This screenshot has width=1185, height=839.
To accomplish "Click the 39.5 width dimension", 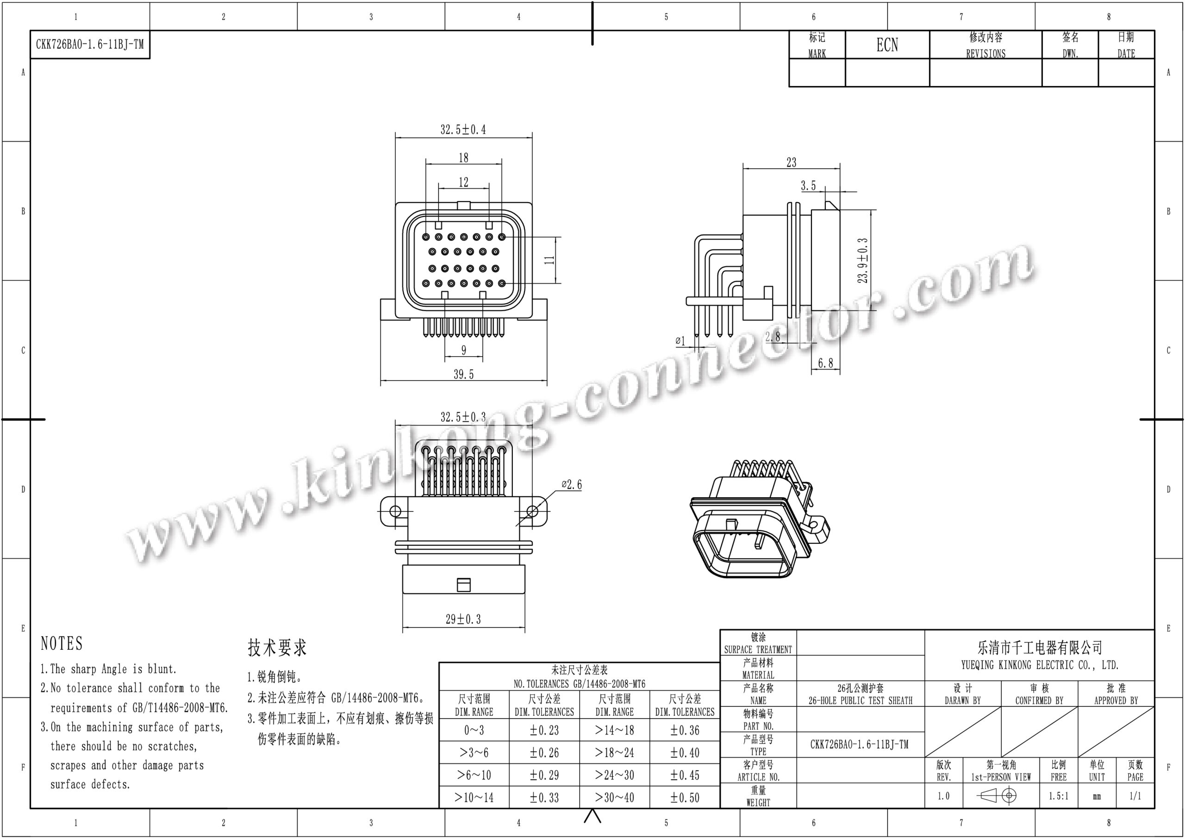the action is coord(463,374).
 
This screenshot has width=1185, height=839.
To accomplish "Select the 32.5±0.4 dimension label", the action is coord(463,129).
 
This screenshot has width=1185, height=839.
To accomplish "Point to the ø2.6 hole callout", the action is coord(572,484).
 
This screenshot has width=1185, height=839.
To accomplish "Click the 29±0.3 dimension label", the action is coord(463,619).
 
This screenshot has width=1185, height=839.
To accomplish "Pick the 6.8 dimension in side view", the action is coord(825,363).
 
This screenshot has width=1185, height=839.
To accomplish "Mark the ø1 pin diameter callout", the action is coord(680,340).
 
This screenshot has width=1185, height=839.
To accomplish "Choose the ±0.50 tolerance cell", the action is coord(685,797).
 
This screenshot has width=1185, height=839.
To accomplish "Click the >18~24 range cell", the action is coord(614,752).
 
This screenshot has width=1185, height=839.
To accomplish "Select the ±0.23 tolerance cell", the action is coord(544,730).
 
